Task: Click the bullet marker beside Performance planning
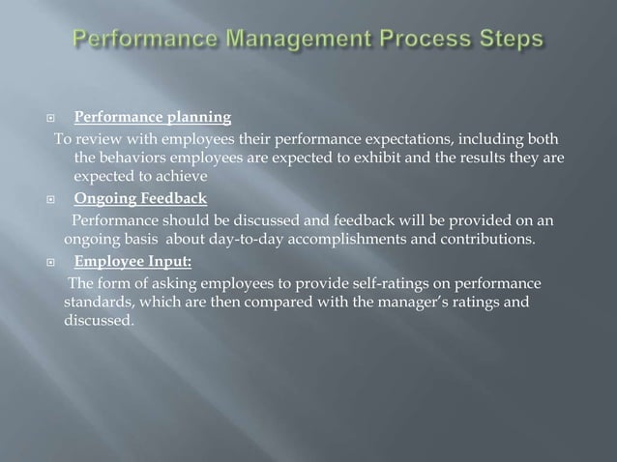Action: (59, 119)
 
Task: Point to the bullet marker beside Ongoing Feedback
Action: (59, 200)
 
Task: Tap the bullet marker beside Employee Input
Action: (59, 261)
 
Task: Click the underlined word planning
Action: (199, 119)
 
